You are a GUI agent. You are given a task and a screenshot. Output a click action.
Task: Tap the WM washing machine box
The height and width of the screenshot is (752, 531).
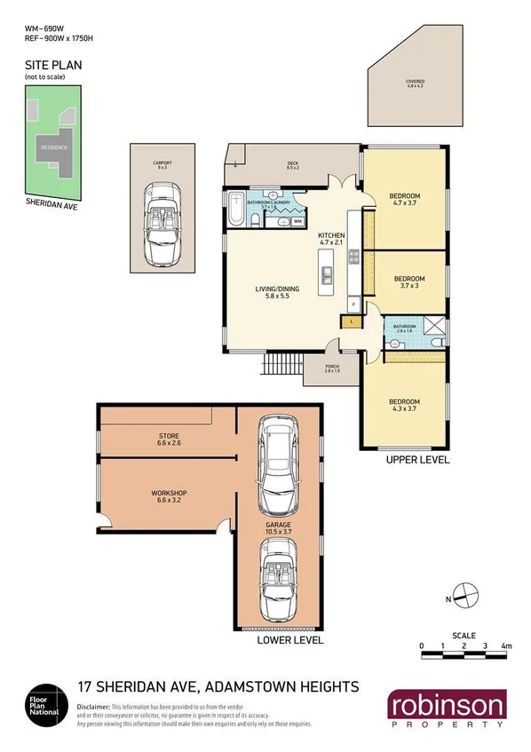(298, 221)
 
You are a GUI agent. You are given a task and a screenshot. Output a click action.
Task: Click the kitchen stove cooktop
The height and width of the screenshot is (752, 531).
(353, 258)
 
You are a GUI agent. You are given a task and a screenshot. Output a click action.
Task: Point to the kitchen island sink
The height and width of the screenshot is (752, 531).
(327, 276)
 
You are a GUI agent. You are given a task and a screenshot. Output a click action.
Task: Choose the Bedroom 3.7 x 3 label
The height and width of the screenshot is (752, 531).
(410, 282)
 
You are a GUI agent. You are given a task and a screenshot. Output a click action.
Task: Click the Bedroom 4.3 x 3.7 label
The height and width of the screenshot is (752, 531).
(405, 406)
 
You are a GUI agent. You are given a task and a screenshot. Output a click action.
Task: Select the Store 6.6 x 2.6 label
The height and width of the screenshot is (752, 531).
(169, 439)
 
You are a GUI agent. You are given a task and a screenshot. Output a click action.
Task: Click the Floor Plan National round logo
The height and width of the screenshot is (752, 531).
(43, 698)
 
